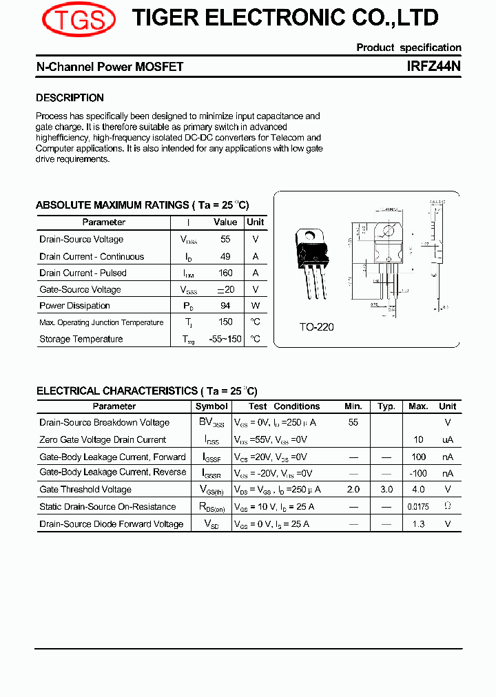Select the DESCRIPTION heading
(70, 98)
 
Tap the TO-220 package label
(316, 327)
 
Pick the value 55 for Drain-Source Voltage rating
(225, 240)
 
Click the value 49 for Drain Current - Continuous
(225, 256)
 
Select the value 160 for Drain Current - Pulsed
(225, 273)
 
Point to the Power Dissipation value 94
(225, 306)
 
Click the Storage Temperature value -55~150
(225, 339)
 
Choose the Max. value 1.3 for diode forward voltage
(418, 524)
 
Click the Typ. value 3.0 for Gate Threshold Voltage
(386, 490)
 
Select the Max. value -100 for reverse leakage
(418, 473)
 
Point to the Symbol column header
(211, 406)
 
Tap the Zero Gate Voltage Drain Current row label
(103, 440)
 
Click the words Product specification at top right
(409, 48)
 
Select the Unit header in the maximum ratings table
(255, 222)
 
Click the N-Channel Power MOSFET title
(110, 67)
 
